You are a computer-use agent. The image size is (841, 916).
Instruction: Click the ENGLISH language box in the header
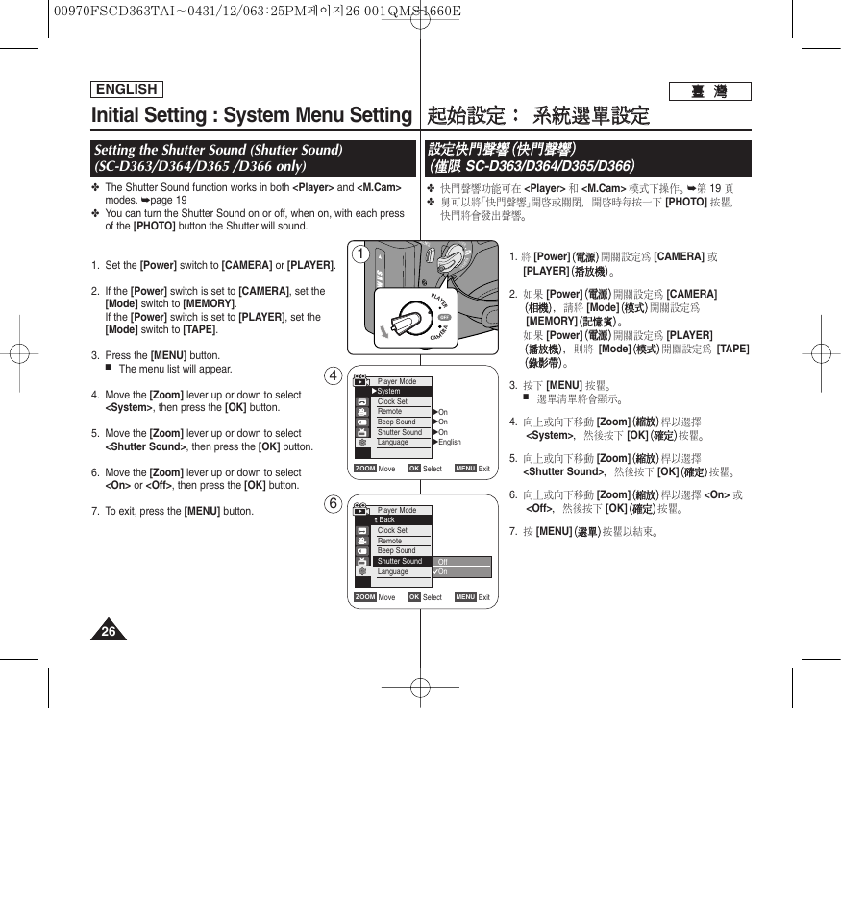(126, 89)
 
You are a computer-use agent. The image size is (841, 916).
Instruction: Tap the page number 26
(109, 631)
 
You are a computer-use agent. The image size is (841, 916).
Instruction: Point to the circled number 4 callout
(334, 375)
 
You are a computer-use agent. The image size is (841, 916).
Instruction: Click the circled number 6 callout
(334, 504)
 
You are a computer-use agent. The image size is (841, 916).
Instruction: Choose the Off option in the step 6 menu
(443, 562)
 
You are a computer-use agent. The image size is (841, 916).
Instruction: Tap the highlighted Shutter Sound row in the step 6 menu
(400, 561)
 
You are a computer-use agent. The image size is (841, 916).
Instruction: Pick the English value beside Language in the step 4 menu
(450, 443)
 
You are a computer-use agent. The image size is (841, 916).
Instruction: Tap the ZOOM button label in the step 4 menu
(365, 469)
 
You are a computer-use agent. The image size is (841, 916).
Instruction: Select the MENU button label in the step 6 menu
(465, 597)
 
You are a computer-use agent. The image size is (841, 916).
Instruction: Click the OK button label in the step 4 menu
(414, 469)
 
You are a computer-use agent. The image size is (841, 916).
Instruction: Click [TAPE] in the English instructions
(200, 329)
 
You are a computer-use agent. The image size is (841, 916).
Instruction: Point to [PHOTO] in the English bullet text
(154, 226)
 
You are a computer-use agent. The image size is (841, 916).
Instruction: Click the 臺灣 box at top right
(708, 92)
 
